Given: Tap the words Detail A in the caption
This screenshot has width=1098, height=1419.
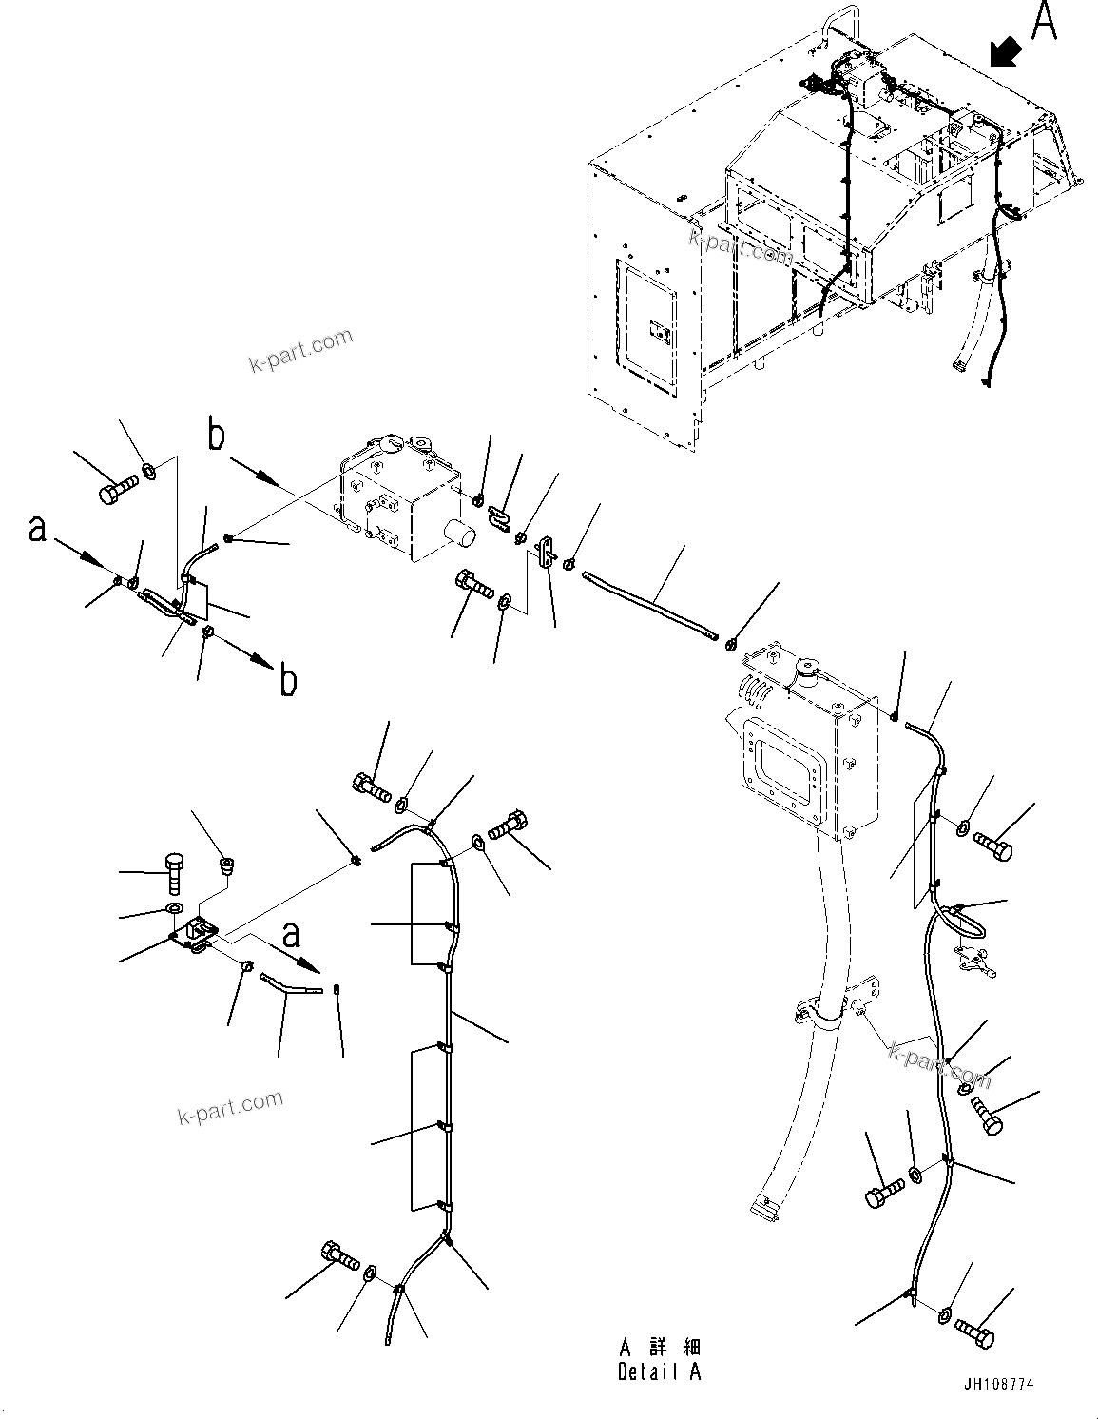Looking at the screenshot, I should coord(659,1371).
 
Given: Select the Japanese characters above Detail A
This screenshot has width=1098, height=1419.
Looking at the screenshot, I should coord(659,1348).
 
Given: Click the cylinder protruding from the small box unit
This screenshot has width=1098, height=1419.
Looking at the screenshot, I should coord(460,535).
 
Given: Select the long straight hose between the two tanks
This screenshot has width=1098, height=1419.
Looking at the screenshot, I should coord(650,605).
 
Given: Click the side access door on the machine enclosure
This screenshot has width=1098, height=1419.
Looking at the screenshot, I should coord(648,330).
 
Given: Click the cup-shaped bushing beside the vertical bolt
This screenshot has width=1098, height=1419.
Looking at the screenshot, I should coord(227,865).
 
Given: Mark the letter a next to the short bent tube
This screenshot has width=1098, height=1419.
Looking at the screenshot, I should coord(291,935).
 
